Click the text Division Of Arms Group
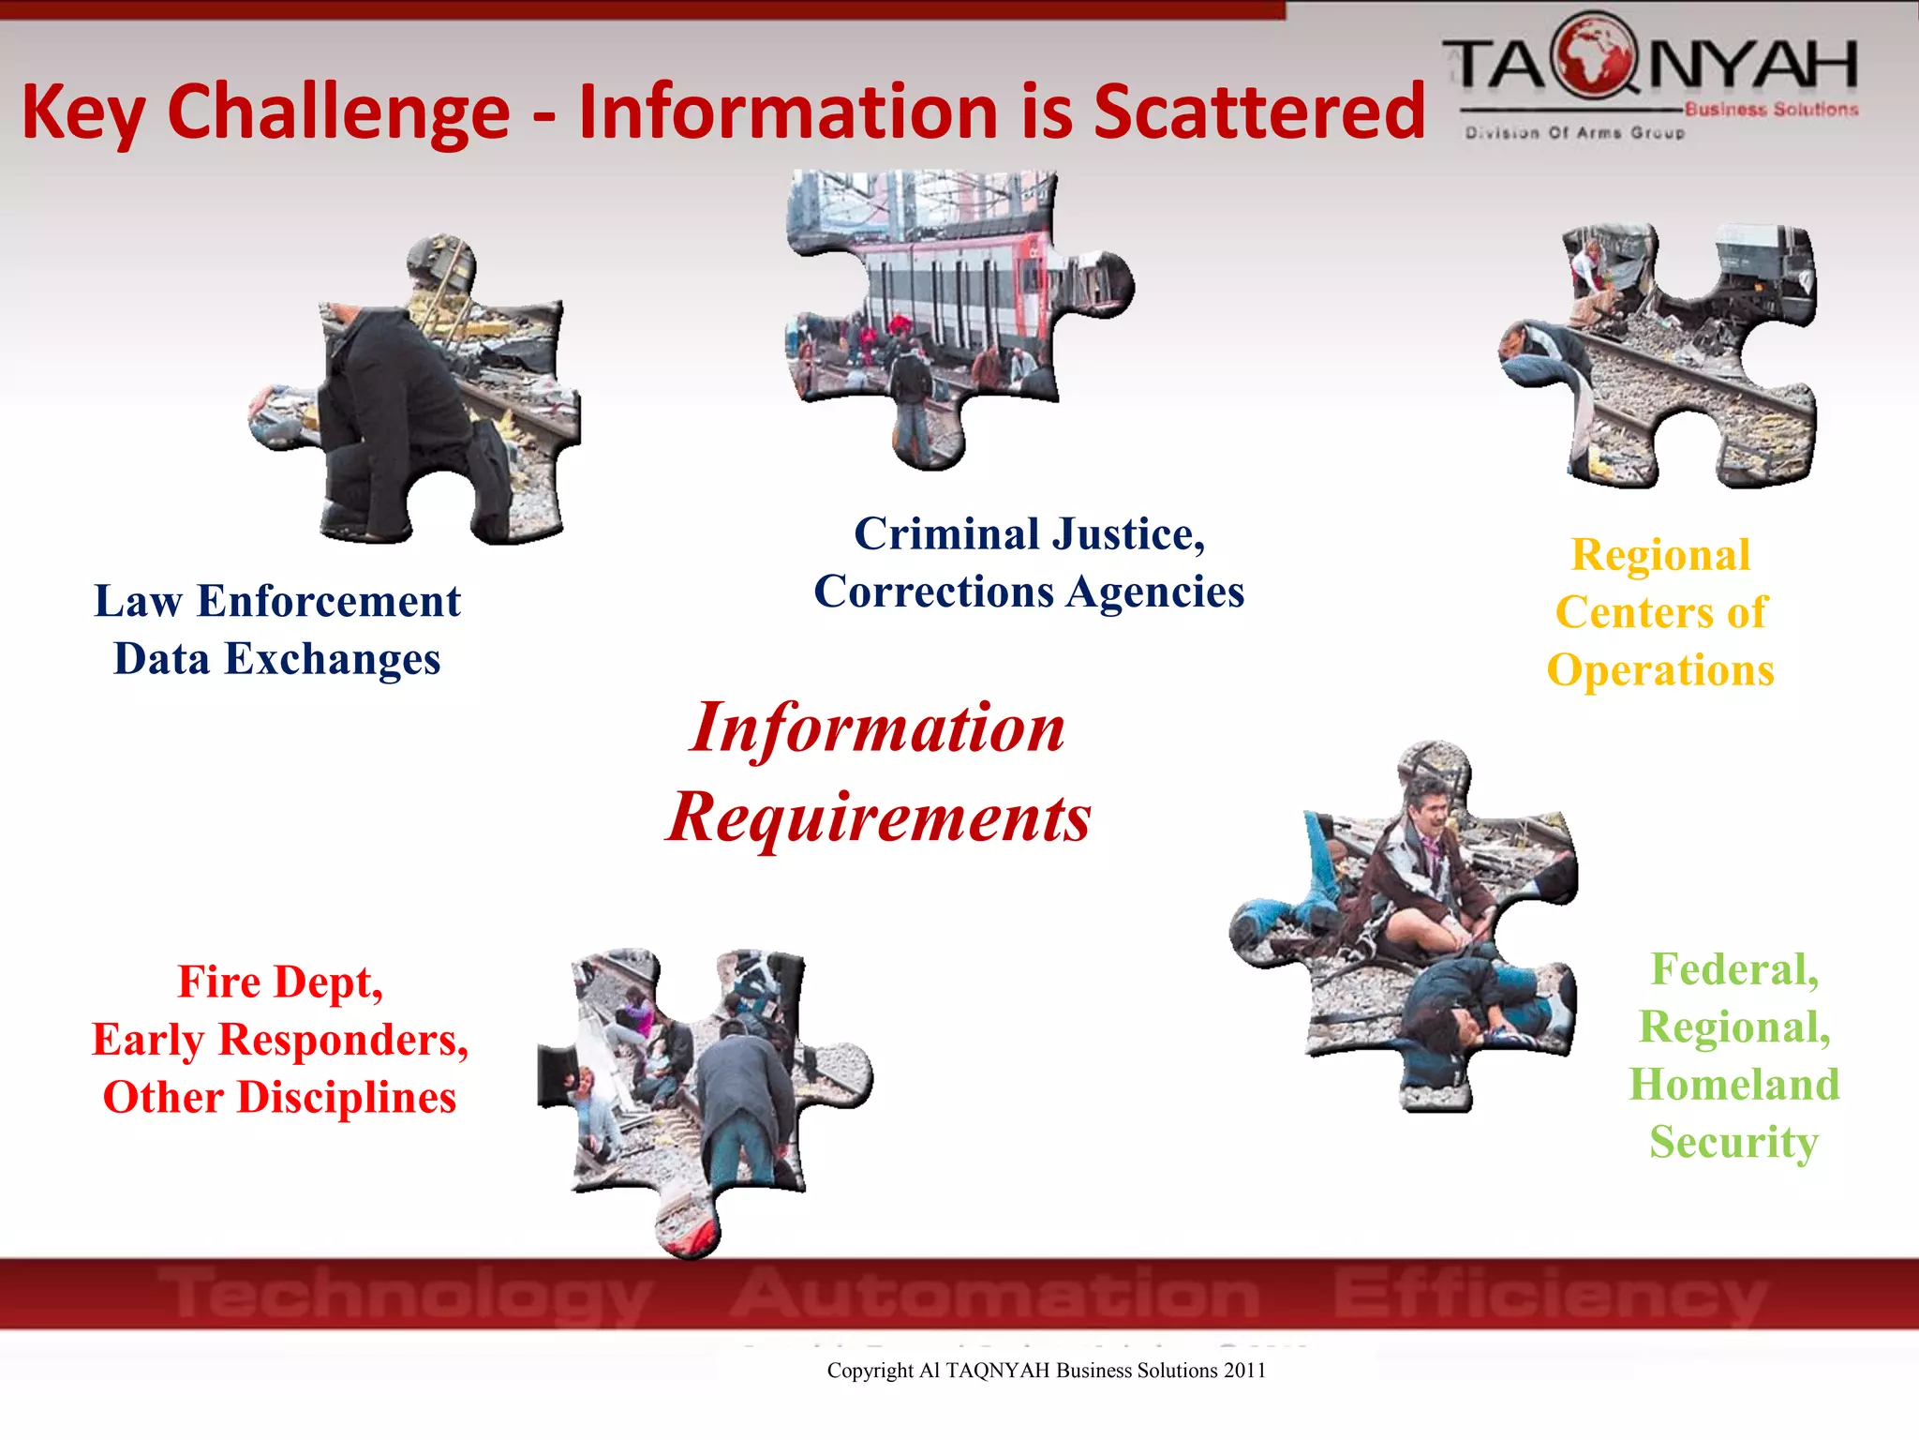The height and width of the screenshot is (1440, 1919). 1575,133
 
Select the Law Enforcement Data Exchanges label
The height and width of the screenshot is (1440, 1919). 277,629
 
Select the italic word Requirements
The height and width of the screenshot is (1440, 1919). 879,817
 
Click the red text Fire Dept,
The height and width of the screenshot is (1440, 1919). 280,982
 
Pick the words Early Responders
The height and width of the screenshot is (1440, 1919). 279,1040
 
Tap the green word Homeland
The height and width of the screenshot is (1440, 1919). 1733,1085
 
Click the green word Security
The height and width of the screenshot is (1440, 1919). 1733,1142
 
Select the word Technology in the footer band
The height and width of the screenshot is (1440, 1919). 403,1294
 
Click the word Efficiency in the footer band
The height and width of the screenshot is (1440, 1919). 1551,1294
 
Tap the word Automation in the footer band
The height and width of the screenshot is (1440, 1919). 995,1294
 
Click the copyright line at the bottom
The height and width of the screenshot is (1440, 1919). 1046,1371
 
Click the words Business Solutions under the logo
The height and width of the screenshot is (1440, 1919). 1771,110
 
